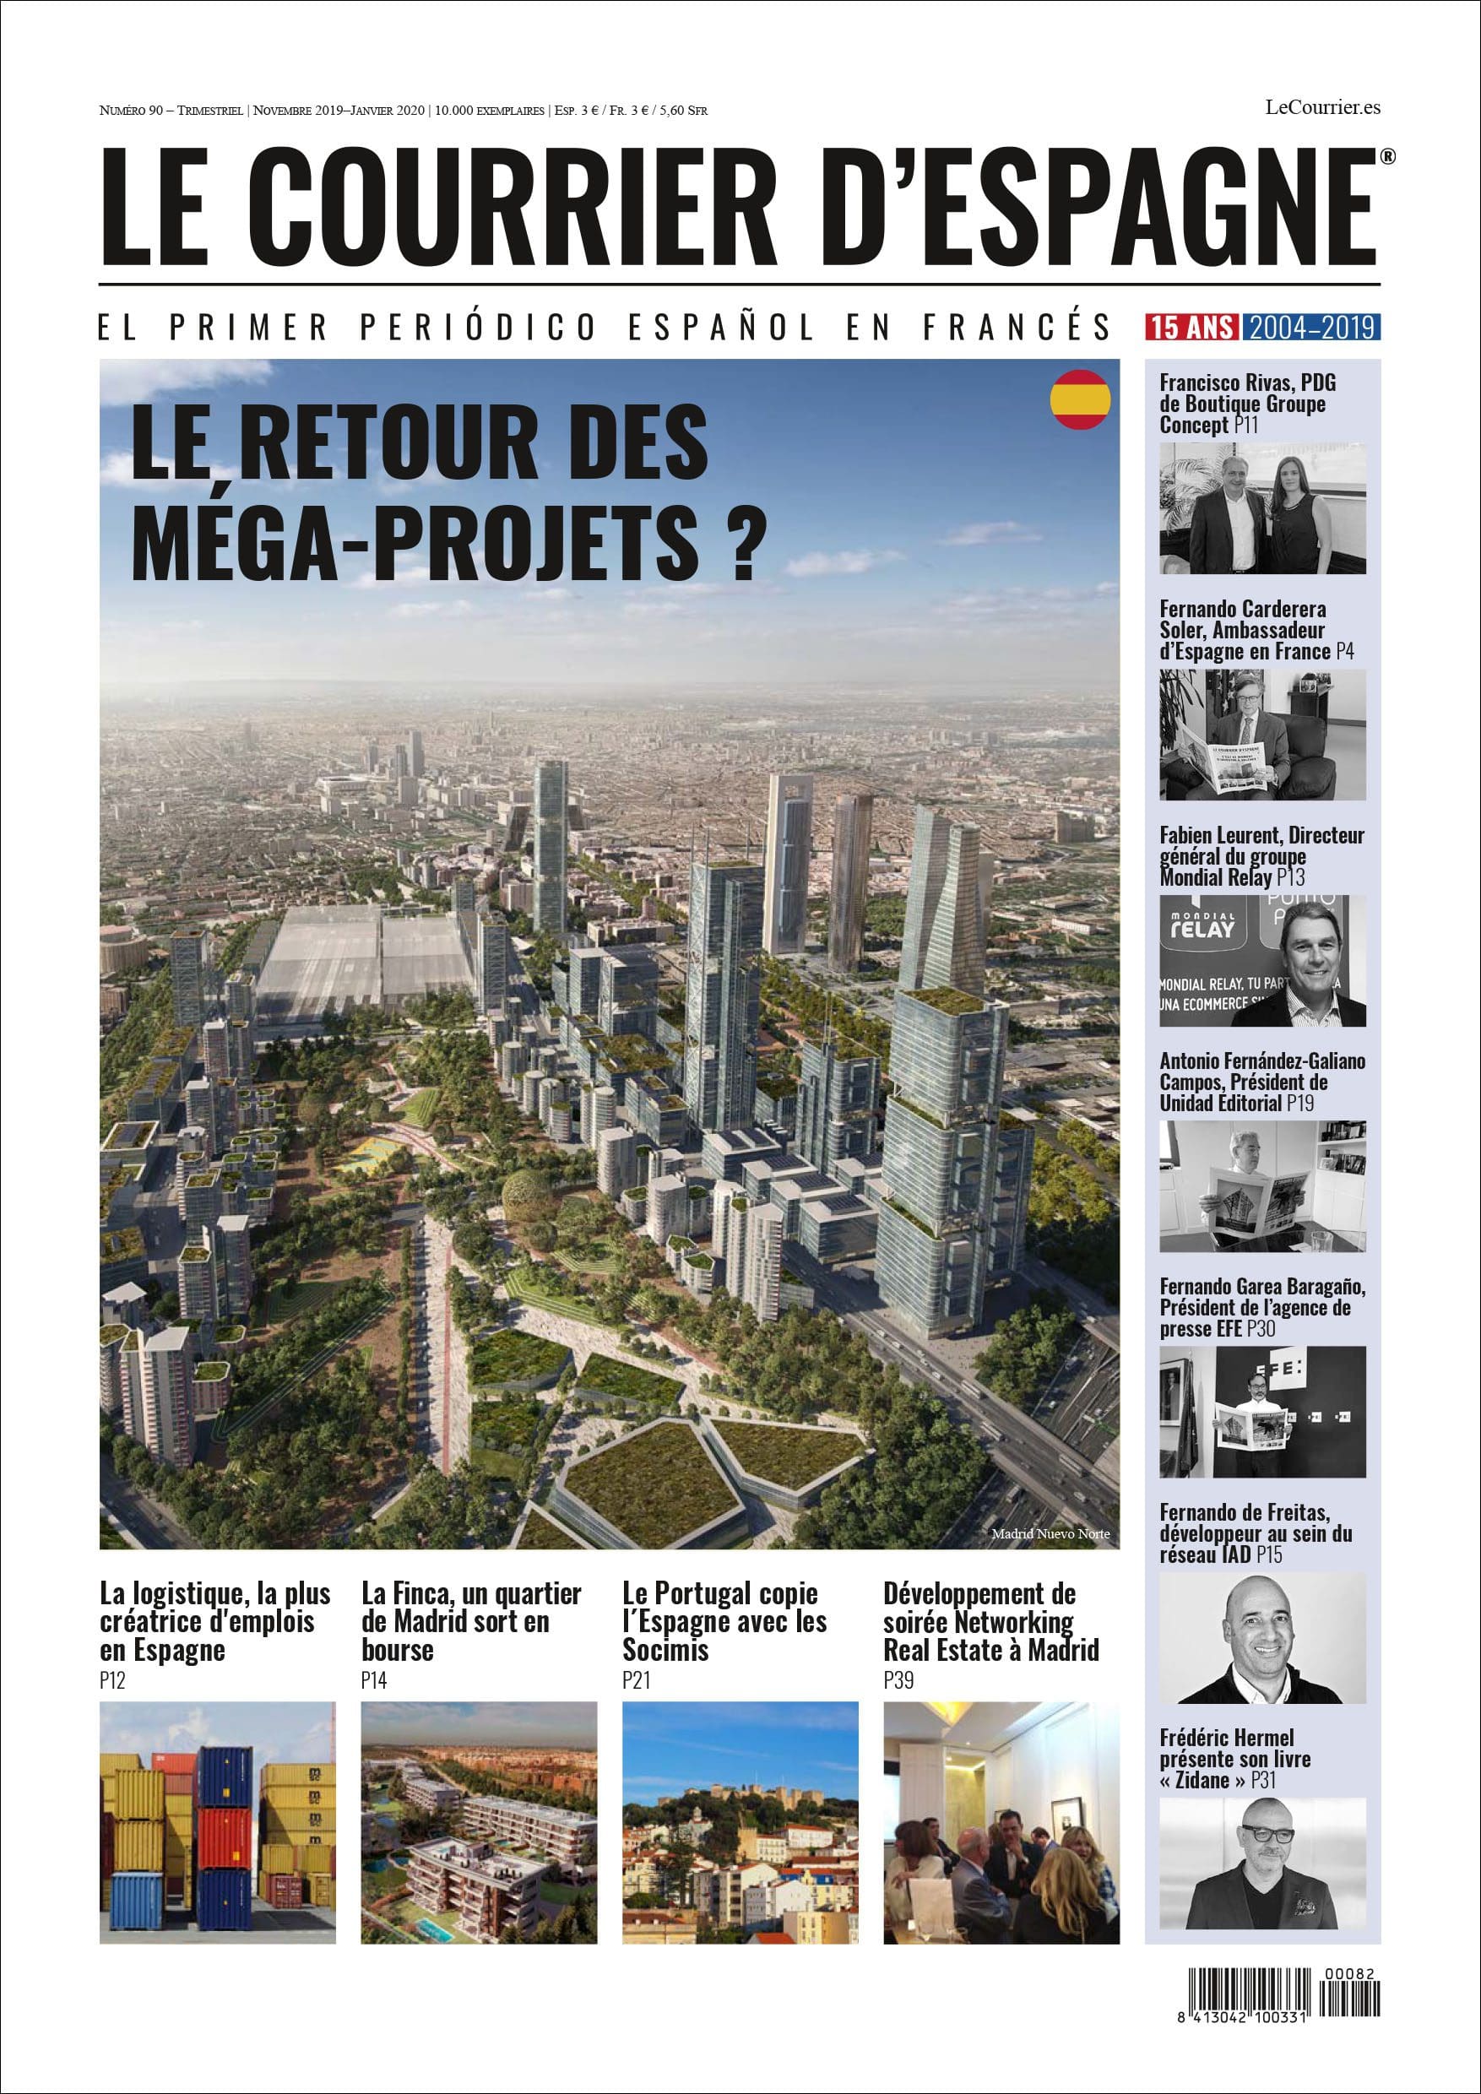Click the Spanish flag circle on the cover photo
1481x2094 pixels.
click(x=1081, y=399)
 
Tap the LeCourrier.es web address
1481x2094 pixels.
click(x=1322, y=107)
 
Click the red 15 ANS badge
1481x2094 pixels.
click(x=1193, y=327)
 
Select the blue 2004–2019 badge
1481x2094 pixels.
click(x=1311, y=327)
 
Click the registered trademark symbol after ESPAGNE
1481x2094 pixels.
click(x=1386, y=157)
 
